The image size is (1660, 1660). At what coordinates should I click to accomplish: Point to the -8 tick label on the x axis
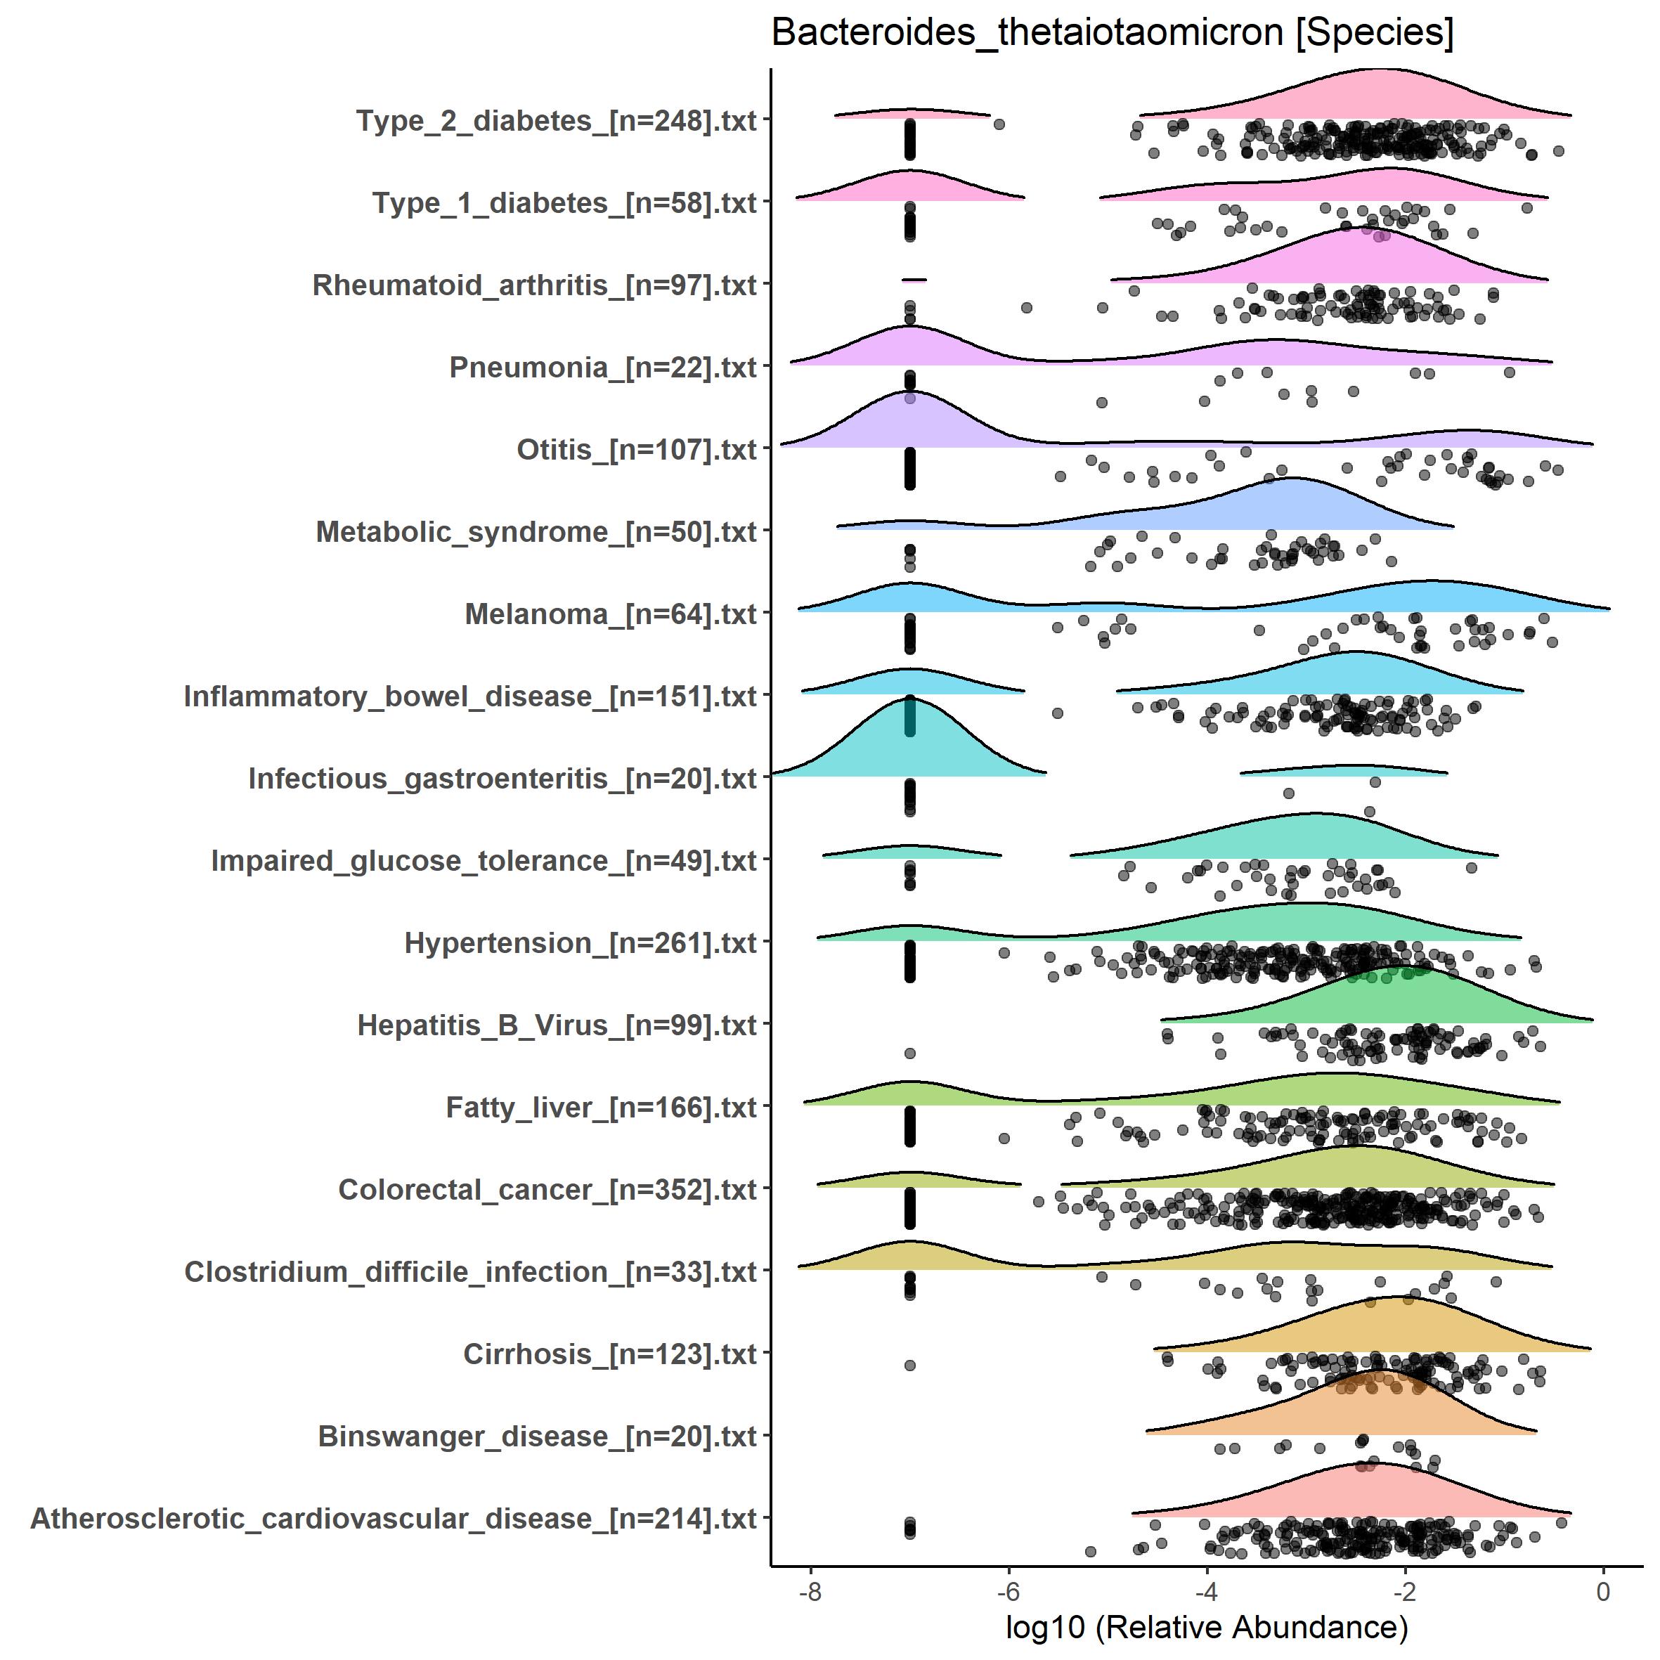click(810, 1592)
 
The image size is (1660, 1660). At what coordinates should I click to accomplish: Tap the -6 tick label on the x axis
click(1008, 1592)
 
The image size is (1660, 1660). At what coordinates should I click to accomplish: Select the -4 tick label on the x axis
click(1206, 1592)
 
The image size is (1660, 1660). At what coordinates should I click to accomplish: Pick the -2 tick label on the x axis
click(1405, 1592)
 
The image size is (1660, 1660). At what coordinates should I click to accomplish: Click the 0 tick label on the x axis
click(1602, 1592)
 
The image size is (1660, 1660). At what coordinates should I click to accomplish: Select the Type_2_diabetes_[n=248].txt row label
click(556, 121)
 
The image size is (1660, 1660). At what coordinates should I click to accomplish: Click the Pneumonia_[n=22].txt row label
click(602, 368)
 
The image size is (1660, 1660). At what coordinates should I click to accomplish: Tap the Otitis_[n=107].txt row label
click(636, 450)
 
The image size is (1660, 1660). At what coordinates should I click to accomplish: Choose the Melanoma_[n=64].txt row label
click(610, 614)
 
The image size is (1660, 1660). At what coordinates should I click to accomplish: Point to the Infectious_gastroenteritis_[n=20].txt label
click(502, 779)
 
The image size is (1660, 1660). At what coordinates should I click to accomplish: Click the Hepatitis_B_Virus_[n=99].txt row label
click(556, 1026)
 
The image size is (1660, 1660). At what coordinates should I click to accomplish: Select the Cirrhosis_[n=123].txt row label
click(609, 1355)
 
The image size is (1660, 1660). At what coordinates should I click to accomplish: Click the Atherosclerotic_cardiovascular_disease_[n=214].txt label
click(393, 1519)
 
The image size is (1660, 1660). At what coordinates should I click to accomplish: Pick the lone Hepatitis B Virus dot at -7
click(910, 1053)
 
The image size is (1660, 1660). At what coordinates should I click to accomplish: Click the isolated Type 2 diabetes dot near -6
click(999, 124)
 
